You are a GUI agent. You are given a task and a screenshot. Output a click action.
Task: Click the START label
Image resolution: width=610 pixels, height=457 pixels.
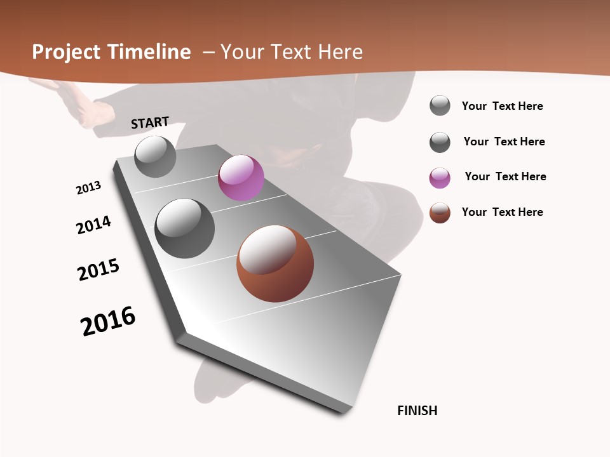coord(150,123)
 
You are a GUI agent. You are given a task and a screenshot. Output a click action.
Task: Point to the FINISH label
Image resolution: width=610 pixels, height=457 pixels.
coord(417,411)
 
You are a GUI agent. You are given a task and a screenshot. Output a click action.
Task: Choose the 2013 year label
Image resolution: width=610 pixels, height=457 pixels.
coord(88,187)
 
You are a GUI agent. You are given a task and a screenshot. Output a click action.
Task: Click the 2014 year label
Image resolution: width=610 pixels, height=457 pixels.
coord(93,225)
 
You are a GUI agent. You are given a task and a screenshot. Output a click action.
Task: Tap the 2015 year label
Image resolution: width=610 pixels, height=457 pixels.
coord(98,270)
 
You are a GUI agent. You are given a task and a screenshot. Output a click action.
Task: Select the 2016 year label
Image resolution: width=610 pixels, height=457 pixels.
coord(108,321)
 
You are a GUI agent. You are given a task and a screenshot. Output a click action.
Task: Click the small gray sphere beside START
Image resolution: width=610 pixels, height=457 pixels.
coord(155,156)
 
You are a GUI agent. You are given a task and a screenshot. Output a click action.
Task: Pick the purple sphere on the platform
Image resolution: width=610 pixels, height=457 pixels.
coord(241,178)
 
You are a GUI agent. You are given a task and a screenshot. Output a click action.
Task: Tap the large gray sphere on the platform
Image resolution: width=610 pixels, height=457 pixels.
coord(184,228)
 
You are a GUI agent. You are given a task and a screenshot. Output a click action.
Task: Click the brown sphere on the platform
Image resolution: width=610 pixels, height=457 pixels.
coord(275,263)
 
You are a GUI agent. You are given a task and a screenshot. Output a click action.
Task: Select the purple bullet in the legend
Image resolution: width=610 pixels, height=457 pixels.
coord(440,178)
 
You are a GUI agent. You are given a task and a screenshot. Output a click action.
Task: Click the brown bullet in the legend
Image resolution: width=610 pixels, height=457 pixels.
coord(440,213)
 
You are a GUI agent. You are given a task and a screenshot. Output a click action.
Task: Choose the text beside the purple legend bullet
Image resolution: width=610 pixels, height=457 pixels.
coord(505,176)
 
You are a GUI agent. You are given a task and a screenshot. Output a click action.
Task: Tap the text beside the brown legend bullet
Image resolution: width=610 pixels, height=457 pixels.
coord(502,212)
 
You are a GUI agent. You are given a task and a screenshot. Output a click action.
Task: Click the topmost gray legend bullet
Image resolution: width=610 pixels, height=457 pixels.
coord(440,105)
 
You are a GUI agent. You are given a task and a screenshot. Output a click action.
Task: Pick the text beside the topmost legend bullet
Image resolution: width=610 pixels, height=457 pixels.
coord(502,106)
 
